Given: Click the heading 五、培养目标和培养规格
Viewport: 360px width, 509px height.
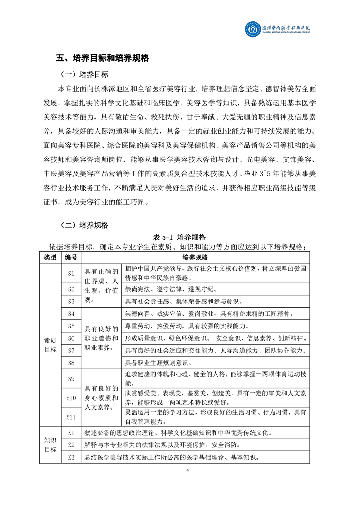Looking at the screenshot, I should tap(102, 58).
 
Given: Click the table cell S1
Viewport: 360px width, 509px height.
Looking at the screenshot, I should tap(71, 273).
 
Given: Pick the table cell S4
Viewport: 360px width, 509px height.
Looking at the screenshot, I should tap(71, 313).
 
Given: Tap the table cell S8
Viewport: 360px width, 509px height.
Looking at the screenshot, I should tap(71, 362).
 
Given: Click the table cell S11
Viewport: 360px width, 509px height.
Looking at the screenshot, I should tap(71, 416).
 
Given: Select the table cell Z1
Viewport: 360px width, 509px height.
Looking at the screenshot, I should tap(71, 432).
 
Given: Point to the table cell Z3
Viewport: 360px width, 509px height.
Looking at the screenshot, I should tap(71, 457).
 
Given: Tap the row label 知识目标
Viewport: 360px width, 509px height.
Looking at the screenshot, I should tap(50, 445).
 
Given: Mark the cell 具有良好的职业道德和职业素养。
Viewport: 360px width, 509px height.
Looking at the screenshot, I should tap(102, 338).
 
